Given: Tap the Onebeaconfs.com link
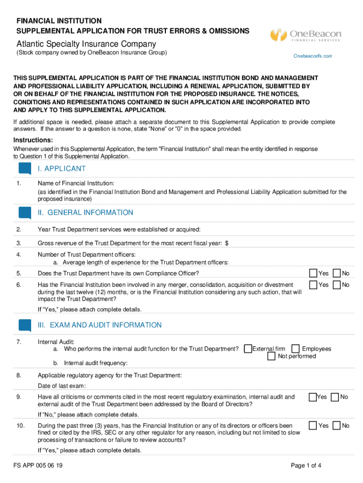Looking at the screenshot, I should (313, 56).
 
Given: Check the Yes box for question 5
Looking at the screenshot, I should (313, 273).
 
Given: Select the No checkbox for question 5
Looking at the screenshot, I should (337, 273).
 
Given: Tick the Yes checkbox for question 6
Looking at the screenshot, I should (313, 284).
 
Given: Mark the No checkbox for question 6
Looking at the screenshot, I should (337, 284).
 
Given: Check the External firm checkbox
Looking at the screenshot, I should (248, 349).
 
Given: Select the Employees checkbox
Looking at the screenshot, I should (296, 349).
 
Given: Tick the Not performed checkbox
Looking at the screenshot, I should (272, 356).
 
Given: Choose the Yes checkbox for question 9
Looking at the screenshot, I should (313, 397).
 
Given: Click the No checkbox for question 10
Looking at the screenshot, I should (337, 425).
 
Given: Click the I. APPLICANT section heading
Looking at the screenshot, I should (62, 169).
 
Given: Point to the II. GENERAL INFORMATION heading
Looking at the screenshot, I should (85, 213).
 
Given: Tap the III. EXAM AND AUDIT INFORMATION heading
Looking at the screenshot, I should (99, 325).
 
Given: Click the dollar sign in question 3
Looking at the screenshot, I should (227, 243).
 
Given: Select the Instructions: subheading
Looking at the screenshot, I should (33, 140).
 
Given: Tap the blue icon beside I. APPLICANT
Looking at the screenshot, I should (25, 168).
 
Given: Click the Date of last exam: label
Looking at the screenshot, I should (62, 386).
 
